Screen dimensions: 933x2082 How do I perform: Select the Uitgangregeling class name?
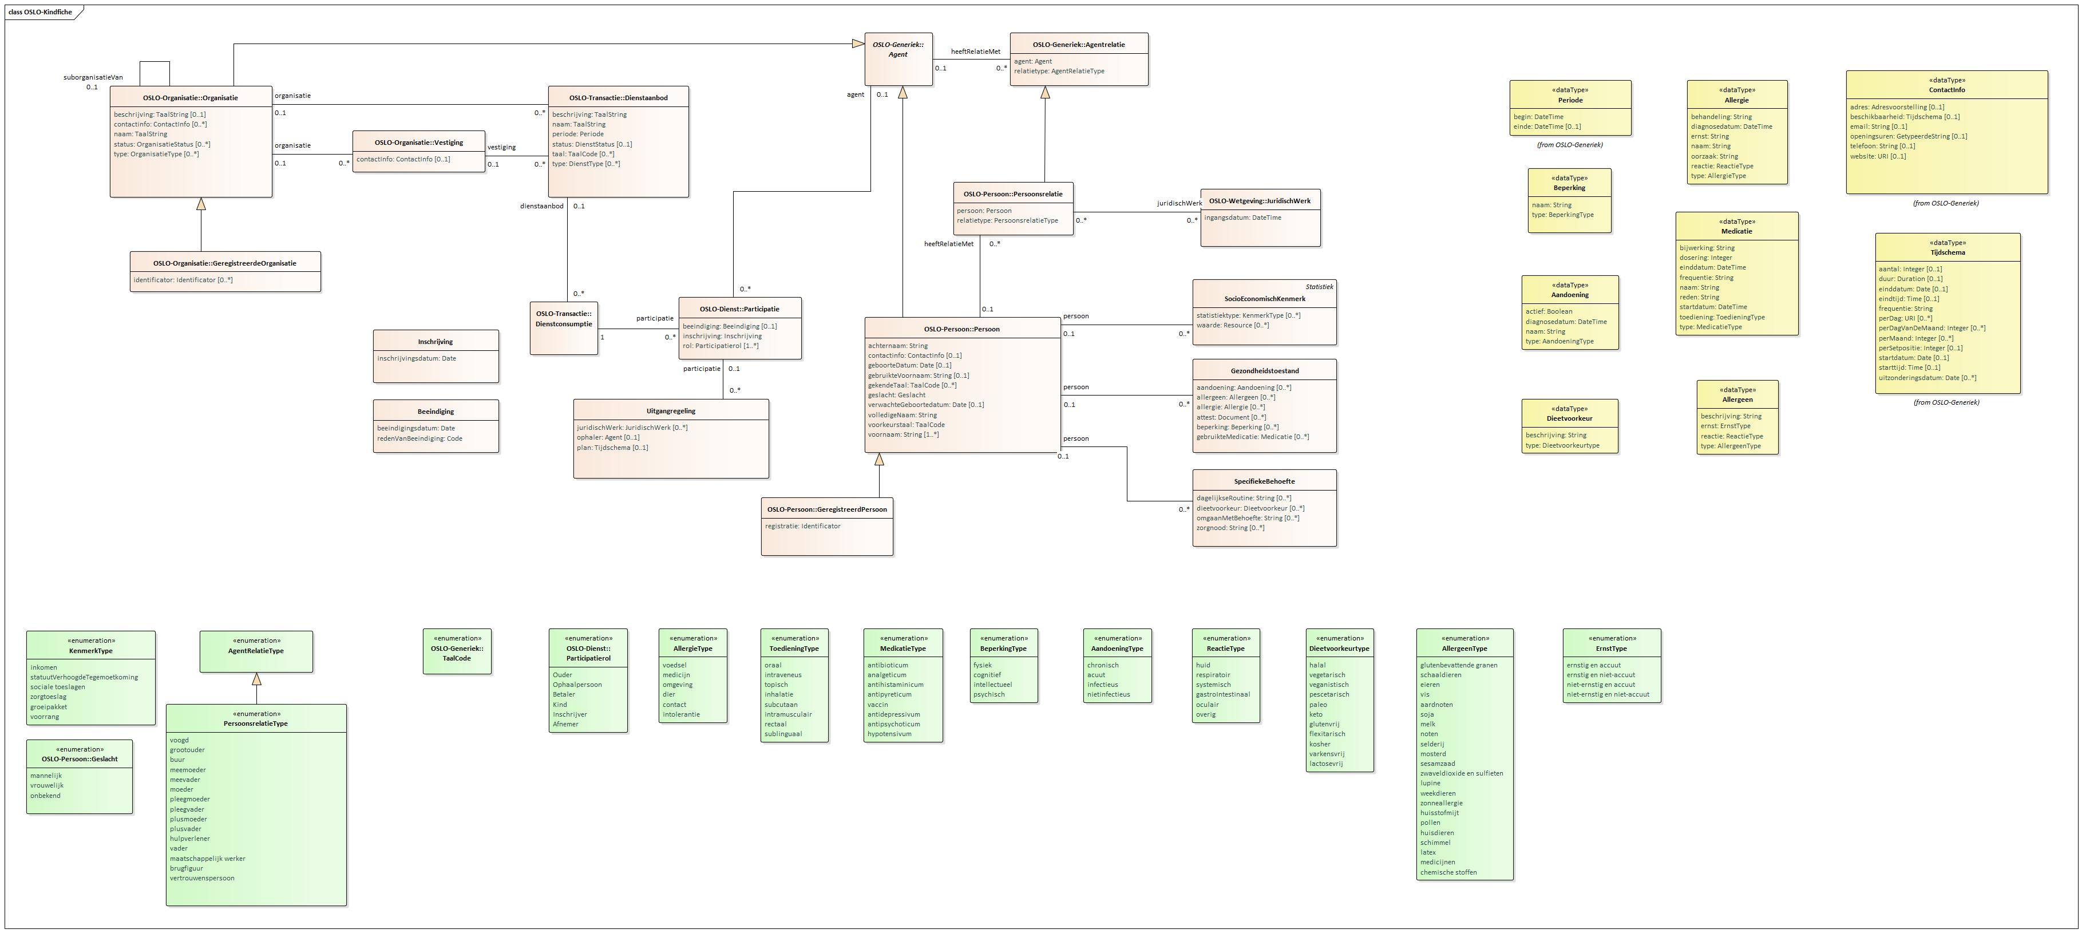tap(670, 411)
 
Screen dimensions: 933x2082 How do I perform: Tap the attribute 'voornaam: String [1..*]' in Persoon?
tap(903, 435)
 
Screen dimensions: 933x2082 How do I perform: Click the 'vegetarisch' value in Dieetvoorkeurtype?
tap(1327, 675)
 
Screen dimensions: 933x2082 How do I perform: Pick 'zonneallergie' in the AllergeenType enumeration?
tap(1441, 803)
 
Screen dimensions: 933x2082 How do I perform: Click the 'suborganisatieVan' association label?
tap(93, 78)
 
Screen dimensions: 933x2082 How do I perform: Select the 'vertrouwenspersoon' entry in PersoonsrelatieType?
tap(202, 878)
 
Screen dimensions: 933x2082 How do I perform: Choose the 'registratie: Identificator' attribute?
tap(802, 527)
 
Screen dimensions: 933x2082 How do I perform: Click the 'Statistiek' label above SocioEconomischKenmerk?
tap(1319, 287)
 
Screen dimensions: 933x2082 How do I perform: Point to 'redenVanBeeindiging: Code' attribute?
tap(419, 439)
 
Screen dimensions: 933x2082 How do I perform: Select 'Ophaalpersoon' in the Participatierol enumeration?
tap(576, 685)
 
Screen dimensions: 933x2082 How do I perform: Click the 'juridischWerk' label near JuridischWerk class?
tap(1178, 203)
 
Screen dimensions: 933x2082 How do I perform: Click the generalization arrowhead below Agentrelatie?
tap(1044, 92)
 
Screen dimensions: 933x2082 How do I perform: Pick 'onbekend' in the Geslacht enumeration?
tap(45, 796)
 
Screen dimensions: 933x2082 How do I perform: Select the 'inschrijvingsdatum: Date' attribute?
tap(416, 358)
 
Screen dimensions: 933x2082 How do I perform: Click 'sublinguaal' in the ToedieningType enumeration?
tap(782, 734)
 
